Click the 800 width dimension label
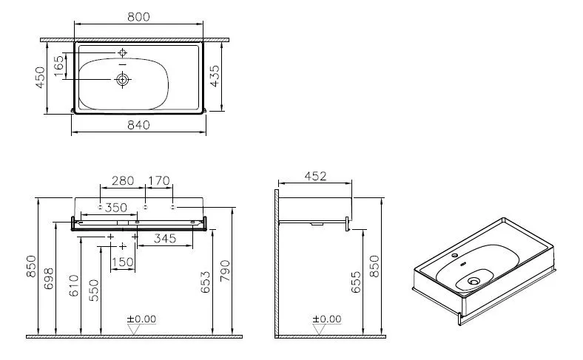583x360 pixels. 138,17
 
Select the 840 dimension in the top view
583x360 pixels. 138,125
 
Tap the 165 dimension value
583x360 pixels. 59,66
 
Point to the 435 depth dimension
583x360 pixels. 215,76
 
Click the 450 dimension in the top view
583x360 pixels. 40,78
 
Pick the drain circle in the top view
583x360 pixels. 122,79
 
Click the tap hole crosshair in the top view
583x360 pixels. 122,53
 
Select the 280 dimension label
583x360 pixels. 123,181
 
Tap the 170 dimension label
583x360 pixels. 159,181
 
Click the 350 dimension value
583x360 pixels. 115,207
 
